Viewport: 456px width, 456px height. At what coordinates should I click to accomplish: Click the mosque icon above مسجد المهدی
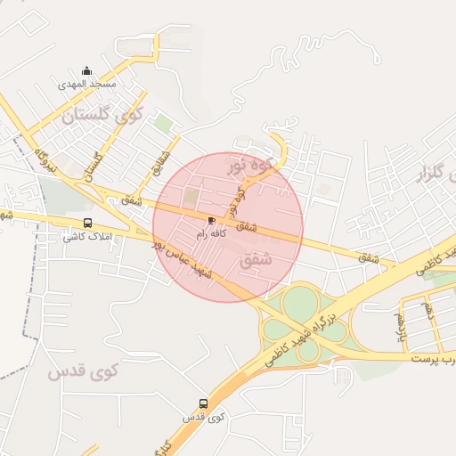pyautogui.click(x=86, y=70)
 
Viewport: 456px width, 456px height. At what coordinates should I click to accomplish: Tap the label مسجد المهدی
pyautogui.click(x=87, y=84)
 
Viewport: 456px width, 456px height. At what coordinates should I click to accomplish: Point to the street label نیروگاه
pyautogui.click(x=45, y=161)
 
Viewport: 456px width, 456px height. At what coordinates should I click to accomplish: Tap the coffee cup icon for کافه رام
pyautogui.click(x=211, y=219)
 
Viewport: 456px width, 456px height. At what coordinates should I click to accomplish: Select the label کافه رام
pyautogui.click(x=212, y=232)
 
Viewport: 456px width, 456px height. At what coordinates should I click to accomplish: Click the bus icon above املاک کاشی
pyautogui.click(x=87, y=224)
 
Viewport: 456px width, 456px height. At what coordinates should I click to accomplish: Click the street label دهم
pyautogui.click(x=429, y=309)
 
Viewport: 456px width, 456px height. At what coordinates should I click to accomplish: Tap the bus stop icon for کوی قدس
pyautogui.click(x=203, y=403)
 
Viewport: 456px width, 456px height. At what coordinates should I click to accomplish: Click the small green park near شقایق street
pyautogui.click(x=162, y=123)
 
